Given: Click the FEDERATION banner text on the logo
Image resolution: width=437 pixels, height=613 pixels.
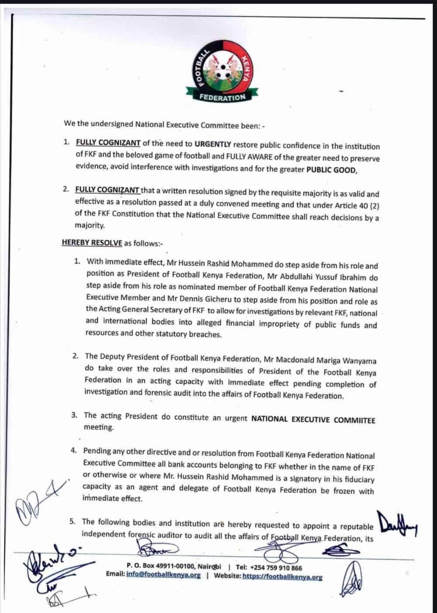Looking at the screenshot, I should click(222, 97).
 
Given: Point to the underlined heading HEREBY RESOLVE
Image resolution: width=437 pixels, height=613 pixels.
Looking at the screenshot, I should click(92, 242).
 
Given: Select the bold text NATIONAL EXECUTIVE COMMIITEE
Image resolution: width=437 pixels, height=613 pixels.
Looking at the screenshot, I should click(313, 419).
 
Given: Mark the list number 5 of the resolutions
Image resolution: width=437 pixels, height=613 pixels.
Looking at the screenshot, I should click(73, 521).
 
